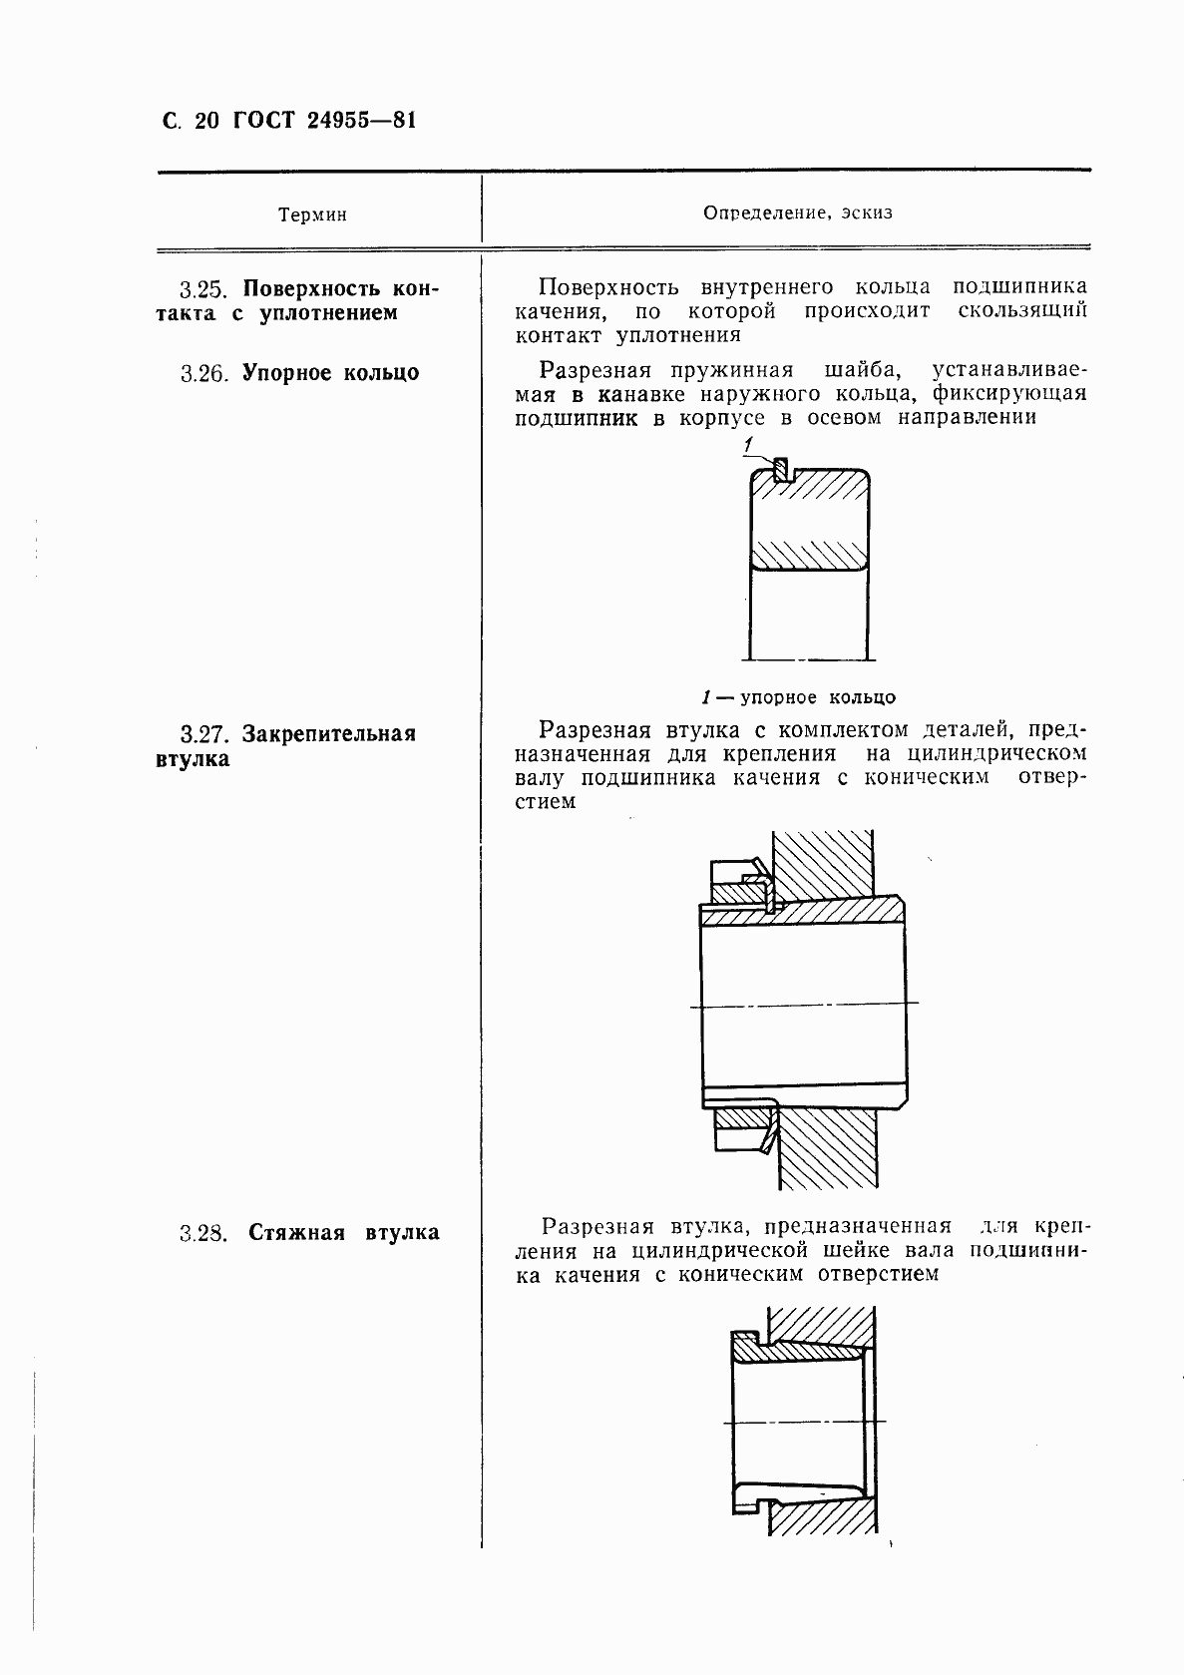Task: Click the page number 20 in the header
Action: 206,122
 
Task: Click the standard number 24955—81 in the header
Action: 362,122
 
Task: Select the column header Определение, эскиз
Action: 798,212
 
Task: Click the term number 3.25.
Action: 204,290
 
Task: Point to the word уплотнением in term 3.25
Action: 328,313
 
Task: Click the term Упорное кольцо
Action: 330,374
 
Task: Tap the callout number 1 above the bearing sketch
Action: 748,444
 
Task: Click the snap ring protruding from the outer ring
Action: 782,467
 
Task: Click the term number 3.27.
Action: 204,735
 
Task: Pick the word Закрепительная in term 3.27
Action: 329,735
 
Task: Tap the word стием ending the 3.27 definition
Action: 545,802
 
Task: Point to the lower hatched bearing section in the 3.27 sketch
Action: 827,1147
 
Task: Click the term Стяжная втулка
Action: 343,1233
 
